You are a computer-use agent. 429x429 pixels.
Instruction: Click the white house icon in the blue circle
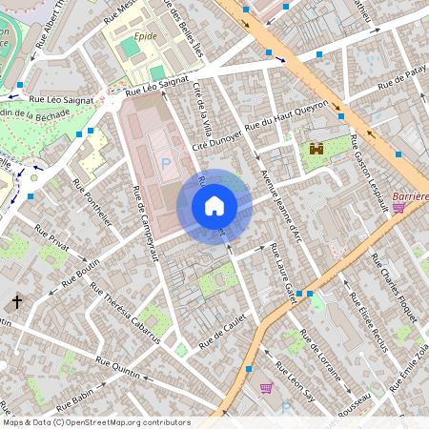click(x=214, y=205)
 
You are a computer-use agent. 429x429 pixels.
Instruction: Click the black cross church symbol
click(x=17, y=302)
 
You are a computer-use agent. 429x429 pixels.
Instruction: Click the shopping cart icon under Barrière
click(x=398, y=207)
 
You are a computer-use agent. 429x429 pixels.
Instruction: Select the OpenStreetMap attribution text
click(x=96, y=422)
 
